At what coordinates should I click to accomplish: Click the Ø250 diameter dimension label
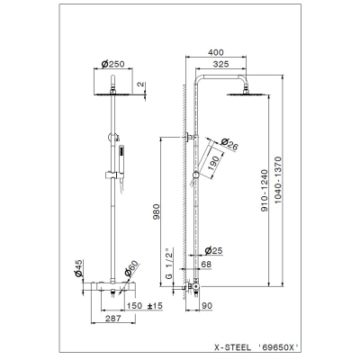112,64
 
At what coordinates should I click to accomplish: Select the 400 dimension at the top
216,52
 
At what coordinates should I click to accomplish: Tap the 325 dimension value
220,64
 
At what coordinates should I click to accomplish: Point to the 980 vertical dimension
157,211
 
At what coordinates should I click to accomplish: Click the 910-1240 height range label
264,191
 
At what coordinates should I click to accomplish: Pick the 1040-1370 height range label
278,180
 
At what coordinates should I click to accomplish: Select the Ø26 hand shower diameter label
229,144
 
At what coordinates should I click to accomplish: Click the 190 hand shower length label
213,163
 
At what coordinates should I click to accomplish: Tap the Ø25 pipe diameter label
213,250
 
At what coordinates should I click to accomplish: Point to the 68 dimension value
206,265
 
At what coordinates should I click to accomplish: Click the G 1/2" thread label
169,264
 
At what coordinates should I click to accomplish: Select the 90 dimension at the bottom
207,306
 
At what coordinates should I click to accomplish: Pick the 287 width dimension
113,319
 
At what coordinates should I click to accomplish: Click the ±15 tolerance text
155,306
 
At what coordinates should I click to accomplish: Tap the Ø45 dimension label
78,268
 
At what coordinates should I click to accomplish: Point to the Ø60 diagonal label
131,268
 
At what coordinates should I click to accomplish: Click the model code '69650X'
278,347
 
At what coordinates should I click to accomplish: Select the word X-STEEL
232,347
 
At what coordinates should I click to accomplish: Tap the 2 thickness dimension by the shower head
140,85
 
